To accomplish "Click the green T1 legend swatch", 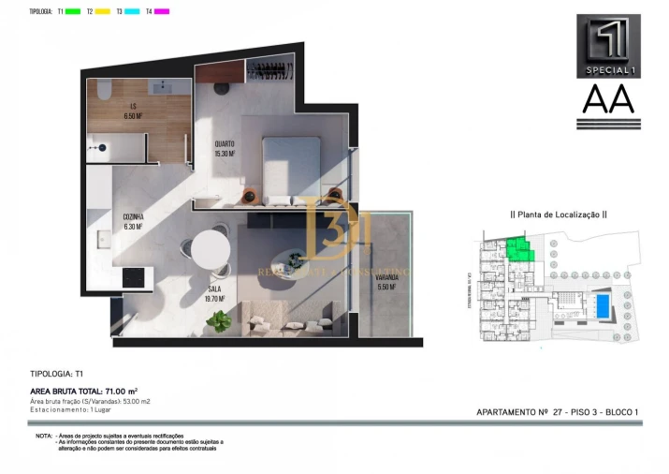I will (73, 11).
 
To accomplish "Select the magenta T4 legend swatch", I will (162, 11).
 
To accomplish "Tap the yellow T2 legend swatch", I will (103, 11).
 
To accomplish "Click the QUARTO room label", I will (224, 148).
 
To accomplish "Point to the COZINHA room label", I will (133, 221).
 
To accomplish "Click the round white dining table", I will (211, 250).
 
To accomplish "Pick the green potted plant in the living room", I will (221, 321).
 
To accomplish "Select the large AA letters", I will (608, 99).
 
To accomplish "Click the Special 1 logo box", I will (608, 45).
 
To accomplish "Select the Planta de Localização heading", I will (558, 214).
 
